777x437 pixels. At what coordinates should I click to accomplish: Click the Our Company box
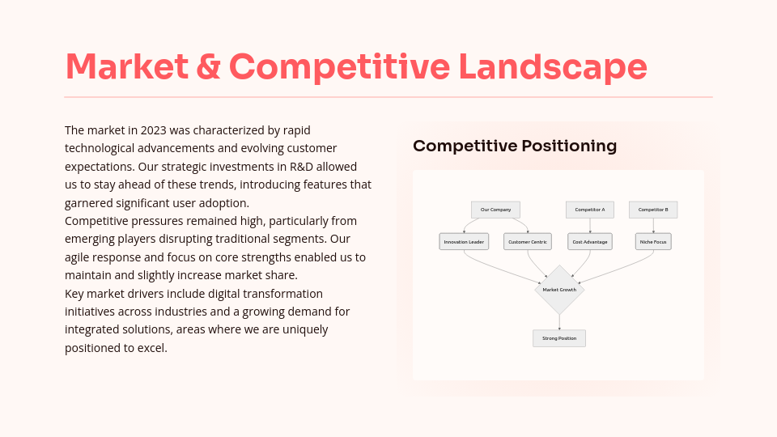point(495,210)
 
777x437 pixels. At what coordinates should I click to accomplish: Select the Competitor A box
point(589,210)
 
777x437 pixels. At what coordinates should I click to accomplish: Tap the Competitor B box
point(653,210)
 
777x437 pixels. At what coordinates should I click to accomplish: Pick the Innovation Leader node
point(464,241)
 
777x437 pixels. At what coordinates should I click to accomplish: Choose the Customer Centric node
point(528,241)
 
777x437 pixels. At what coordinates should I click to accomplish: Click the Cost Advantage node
point(589,241)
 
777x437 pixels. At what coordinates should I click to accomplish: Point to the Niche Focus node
point(653,241)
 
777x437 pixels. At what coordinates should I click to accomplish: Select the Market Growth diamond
point(559,290)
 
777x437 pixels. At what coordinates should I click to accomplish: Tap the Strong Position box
point(559,338)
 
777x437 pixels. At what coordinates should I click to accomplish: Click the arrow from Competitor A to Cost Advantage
point(589,226)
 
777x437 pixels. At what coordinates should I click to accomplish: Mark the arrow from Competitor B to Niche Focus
point(653,226)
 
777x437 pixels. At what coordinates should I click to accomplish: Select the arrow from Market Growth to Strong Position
point(559,322)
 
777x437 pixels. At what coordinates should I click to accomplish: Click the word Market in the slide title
point(126,66)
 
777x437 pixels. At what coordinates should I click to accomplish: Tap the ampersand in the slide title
point(208,66)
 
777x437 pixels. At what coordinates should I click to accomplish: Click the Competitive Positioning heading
point(515,146)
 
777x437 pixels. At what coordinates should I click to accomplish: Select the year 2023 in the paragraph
point(153,129)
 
